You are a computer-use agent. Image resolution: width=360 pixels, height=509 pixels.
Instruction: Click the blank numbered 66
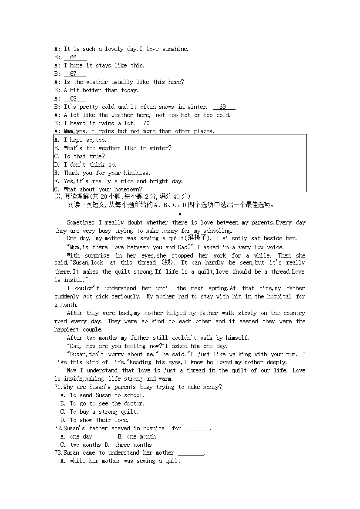click(x=75, y=57)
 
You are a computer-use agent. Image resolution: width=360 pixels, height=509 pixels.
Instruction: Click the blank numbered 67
click(x=75, y=74)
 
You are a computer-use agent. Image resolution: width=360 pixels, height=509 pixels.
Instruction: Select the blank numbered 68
click(x=75, y=99)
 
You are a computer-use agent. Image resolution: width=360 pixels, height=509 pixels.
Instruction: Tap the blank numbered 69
click(x=224, y=107)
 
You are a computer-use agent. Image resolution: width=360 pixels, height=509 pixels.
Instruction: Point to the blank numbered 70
click(x=148, y=124)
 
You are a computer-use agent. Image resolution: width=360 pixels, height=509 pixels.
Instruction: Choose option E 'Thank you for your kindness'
click(x=107, y=173)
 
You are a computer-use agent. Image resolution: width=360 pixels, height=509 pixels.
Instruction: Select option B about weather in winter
click(x=118, y=148)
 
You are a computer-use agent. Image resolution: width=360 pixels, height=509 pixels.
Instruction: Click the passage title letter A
click(x=180, y=214)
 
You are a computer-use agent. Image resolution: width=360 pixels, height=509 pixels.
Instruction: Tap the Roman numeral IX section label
click(x=59, y=197)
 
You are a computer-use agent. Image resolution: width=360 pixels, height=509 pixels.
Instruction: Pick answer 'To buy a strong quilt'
click(x=104, y=412)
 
